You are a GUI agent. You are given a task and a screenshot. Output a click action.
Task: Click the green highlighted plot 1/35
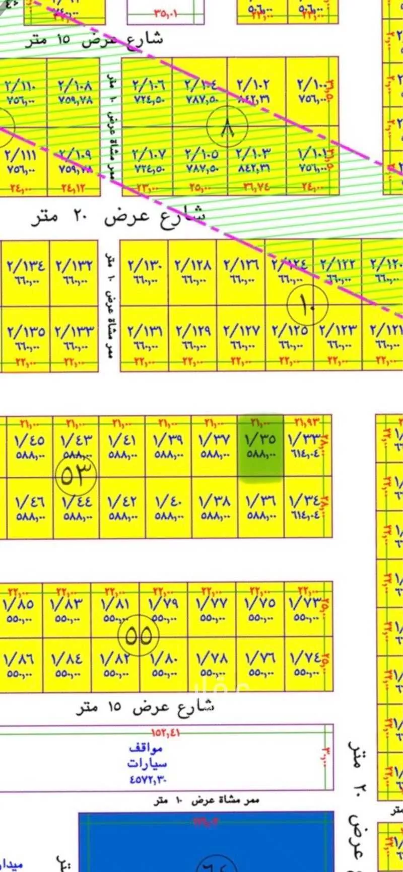coord(260,446)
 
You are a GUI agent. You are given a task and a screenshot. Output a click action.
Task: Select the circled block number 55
coord(138,635)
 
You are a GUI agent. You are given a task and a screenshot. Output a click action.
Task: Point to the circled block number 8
coord(227,126)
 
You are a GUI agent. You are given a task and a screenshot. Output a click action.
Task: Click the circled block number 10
coord(307,304)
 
